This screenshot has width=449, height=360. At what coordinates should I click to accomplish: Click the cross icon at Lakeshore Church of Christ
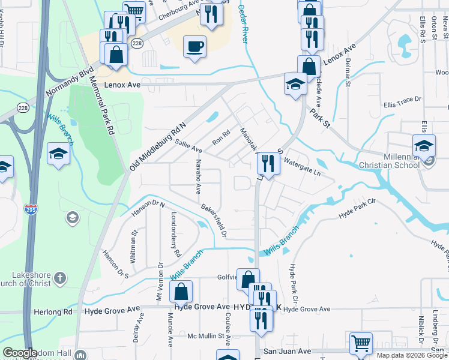59,278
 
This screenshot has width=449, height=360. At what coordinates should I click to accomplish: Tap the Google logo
20,353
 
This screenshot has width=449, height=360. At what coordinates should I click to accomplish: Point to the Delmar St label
348,74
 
